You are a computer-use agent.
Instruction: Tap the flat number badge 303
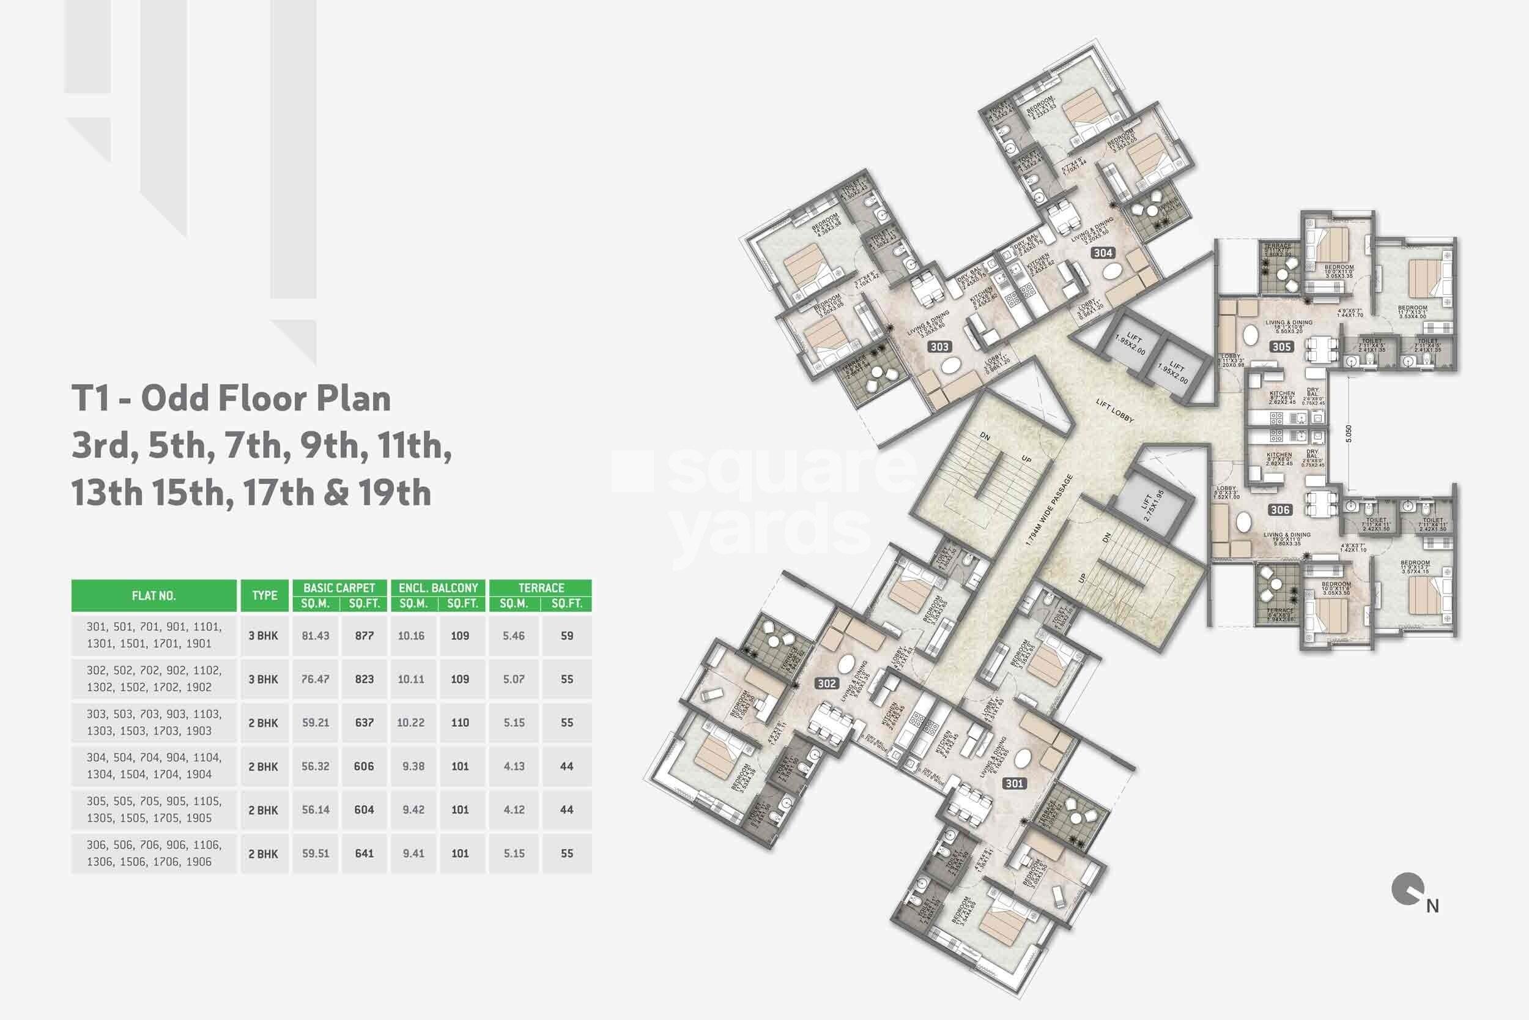(939, 347)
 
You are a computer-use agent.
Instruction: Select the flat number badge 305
(1281, 347)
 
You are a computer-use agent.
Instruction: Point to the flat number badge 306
(1280, 510)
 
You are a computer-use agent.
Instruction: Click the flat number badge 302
(827, 683)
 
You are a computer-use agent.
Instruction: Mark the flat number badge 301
(1014, 784)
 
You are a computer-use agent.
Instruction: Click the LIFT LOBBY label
(1114, 411)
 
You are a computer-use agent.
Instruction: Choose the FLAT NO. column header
(154, 596)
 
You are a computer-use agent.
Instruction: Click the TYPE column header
(265, 596)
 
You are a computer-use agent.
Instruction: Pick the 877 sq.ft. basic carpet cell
(364, 636)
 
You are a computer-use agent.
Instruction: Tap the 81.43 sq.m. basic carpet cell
(316, 636)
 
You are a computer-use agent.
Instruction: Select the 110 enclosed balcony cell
(459, 723)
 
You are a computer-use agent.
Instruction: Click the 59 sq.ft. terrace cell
(567, 636)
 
